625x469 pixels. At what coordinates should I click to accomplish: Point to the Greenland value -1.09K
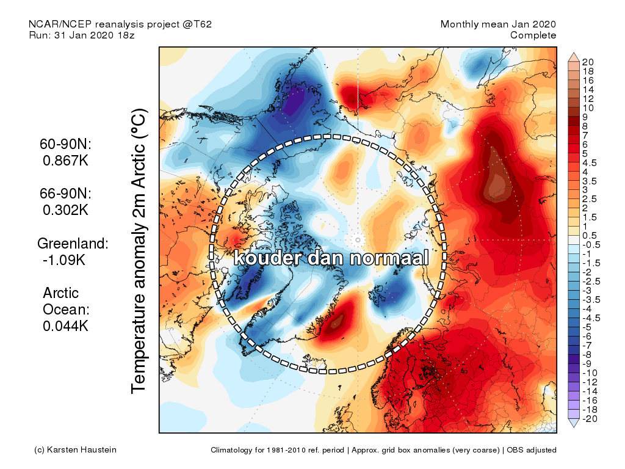pos(65,260)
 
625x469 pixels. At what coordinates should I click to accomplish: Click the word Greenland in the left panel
pos(73,244)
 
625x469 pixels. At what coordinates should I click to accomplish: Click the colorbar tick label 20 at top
pos(588,62)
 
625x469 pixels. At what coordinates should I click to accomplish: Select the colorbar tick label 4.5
pos(590,162)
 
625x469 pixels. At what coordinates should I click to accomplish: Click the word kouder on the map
pos(268,258)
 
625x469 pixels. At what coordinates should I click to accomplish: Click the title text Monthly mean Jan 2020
pos(498,24)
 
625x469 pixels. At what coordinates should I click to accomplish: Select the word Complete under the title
pos(533,35)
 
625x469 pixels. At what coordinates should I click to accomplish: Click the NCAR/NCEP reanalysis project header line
pos(120,24)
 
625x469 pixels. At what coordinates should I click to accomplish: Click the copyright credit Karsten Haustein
pos(74,450)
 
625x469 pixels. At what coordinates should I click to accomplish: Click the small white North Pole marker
pos(358,239)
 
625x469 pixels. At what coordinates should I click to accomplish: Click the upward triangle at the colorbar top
pos(573,57)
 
